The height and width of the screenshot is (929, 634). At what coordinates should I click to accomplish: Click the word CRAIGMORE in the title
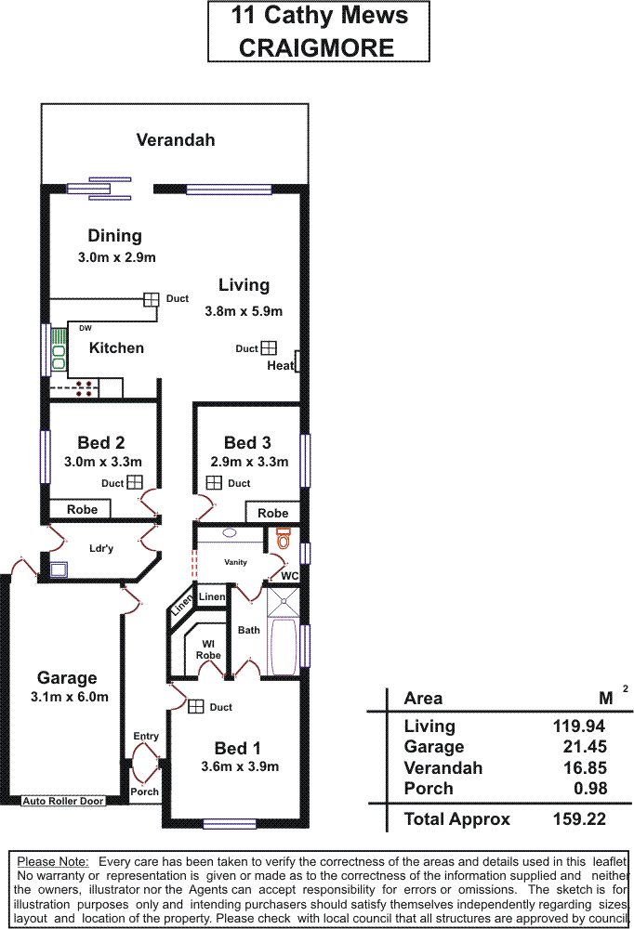pos(317,47)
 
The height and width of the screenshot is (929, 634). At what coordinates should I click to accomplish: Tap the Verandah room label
pos(175,140)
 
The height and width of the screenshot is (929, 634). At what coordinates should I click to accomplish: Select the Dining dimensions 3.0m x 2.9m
pos(116,257)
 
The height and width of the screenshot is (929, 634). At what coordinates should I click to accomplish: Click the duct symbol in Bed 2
pos(135,482)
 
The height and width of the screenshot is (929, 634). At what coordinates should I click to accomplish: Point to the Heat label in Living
pos(280,365)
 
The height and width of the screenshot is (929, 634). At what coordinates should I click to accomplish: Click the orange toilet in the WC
pos(284,538)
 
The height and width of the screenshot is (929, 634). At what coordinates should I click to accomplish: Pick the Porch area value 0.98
pos(590,789)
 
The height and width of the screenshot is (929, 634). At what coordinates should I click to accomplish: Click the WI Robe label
pos(208,648)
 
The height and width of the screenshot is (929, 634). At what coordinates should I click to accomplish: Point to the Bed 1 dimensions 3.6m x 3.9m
pos(240,766)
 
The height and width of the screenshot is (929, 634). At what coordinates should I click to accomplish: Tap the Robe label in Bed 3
pos(272,513)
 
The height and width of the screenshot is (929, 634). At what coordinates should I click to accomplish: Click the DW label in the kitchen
pos(86,328)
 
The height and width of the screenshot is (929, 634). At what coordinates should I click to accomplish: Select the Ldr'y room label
pos(100,548)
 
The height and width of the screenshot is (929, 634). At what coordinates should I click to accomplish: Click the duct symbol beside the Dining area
pos(151,299)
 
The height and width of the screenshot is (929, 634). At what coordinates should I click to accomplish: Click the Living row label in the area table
pos(429,726)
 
